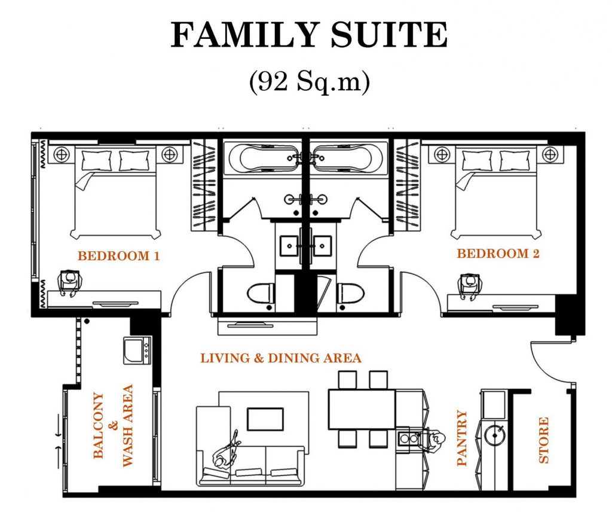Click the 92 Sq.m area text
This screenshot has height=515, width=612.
[309, 82]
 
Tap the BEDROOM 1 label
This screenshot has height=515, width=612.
[119, 256]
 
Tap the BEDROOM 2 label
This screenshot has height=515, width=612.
[498, 254]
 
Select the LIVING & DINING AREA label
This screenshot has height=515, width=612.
[280, 358]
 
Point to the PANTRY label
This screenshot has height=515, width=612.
[461, 437]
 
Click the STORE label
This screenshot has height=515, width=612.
[543, 440]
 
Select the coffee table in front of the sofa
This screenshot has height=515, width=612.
[265, 419]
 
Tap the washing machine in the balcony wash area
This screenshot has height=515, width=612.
[137, 351]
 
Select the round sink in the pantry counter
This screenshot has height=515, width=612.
[494, 435]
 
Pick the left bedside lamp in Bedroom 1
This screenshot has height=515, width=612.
[62, 154]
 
